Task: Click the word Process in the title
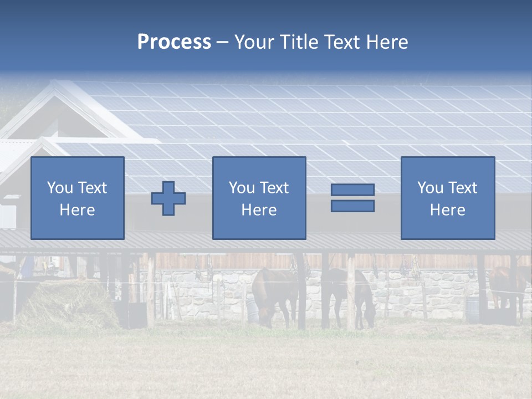coord(174,42)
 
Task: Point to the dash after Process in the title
coord(222,43)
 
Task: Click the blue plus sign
coord(168,198)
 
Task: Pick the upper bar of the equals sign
coord(352,190)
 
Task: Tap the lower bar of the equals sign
coord(352,206)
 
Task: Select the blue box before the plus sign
coord(78,198)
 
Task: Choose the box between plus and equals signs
coord(259,198)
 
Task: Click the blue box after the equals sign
coord(448,198)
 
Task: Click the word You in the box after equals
coord(430,188)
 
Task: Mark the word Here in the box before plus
coord(77,210)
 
